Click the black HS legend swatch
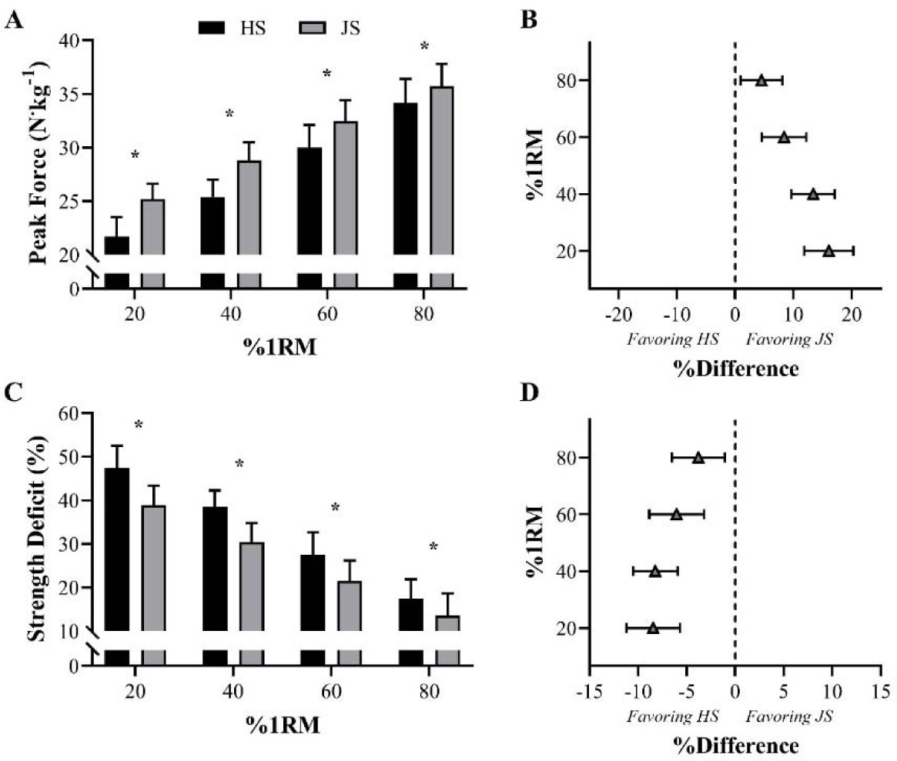(211, 28)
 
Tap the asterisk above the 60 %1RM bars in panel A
(326, 75)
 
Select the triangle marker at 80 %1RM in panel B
(761, 80)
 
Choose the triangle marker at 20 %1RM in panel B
(828, 251)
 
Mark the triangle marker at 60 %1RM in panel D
(676, 514)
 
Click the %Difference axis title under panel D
(735, 746)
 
